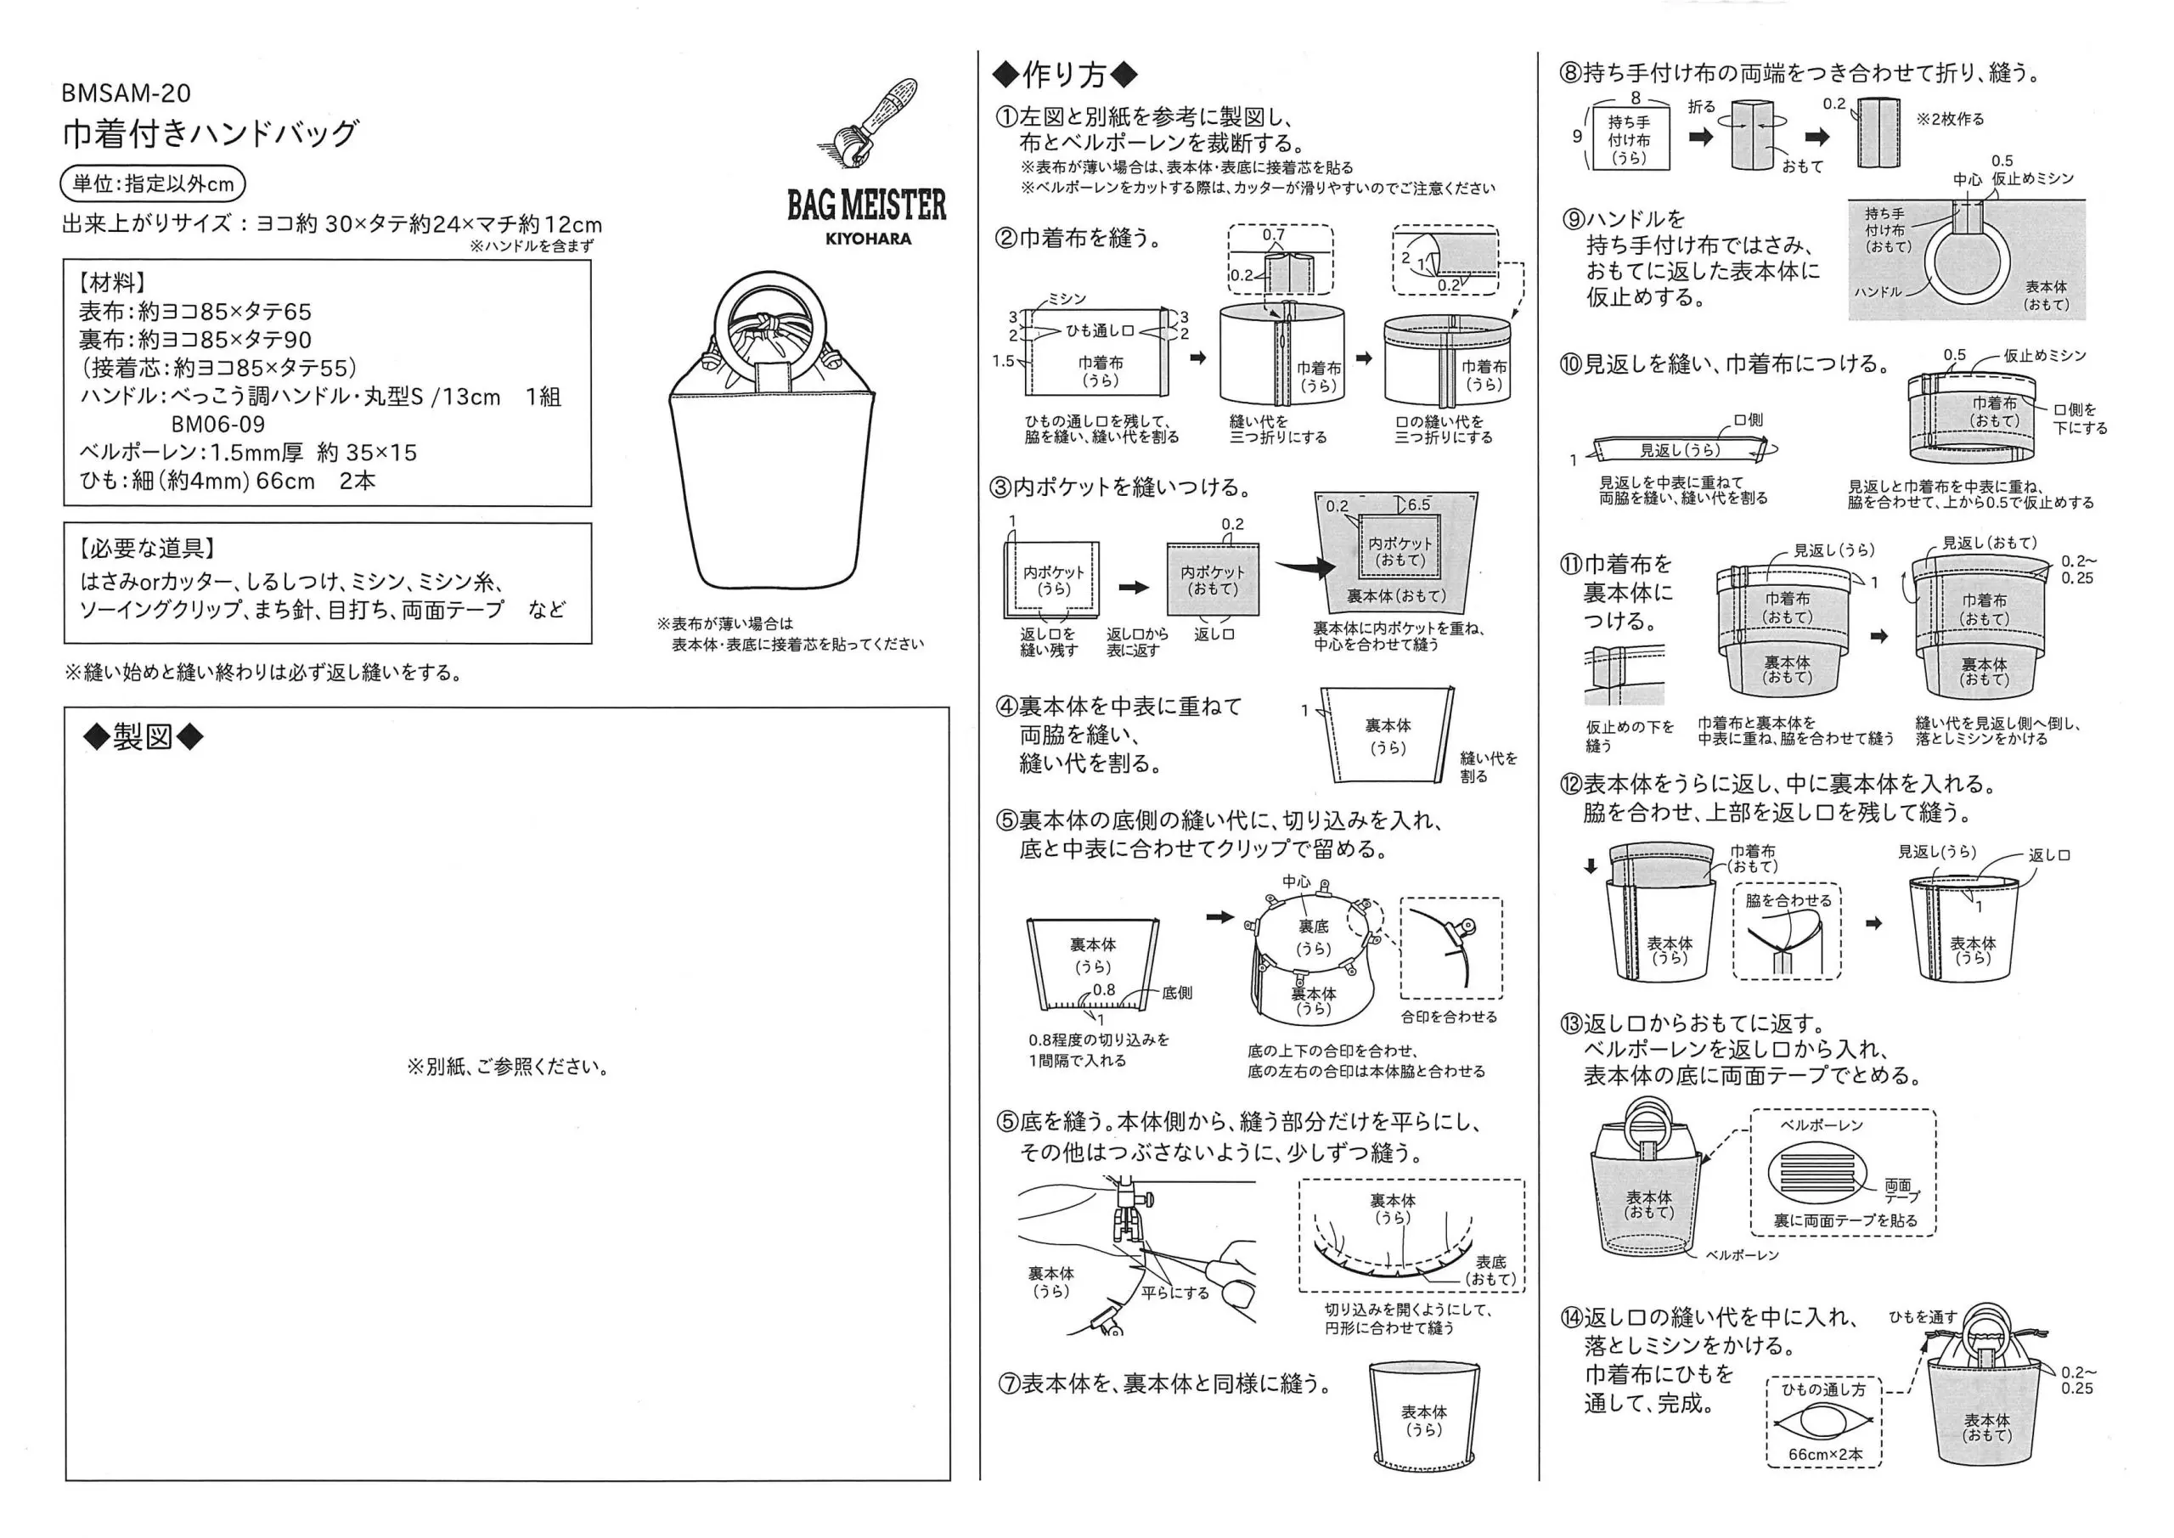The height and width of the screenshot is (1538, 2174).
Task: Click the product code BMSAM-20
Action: click(126, 93)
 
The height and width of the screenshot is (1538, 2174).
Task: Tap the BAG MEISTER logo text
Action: click(866, 205)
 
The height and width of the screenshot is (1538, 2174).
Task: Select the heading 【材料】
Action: click(113, 282)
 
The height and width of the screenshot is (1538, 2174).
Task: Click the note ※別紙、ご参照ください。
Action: click(508, 1068)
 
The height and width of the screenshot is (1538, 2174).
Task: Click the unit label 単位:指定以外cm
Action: click(154, 183)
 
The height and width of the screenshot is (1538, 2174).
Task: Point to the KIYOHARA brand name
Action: click(867, 239)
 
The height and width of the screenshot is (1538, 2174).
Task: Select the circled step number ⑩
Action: click(1570, 364)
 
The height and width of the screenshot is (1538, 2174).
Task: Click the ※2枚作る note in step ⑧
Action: click(1950, 120)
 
